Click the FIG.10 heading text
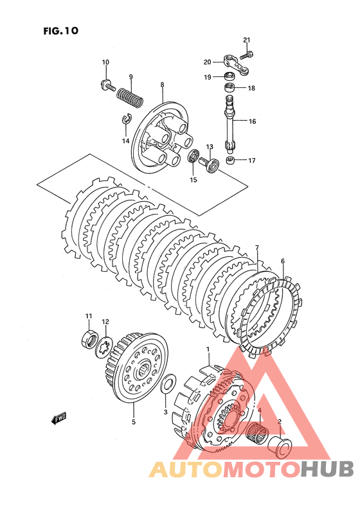pos(61,31)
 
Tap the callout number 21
pos(247,40)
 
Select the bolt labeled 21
pos(248,55)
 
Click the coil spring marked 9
pos(130,96)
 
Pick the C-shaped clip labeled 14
pos(126,119)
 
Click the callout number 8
pos(162,85)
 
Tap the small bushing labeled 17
pos(230,160)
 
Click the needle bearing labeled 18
pos(230,87)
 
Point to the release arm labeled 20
pos(237,65)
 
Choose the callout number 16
pos(252,121)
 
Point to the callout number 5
pos(134,422)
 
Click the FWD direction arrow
pos(59,419)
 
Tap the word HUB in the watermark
pos(327,470)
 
